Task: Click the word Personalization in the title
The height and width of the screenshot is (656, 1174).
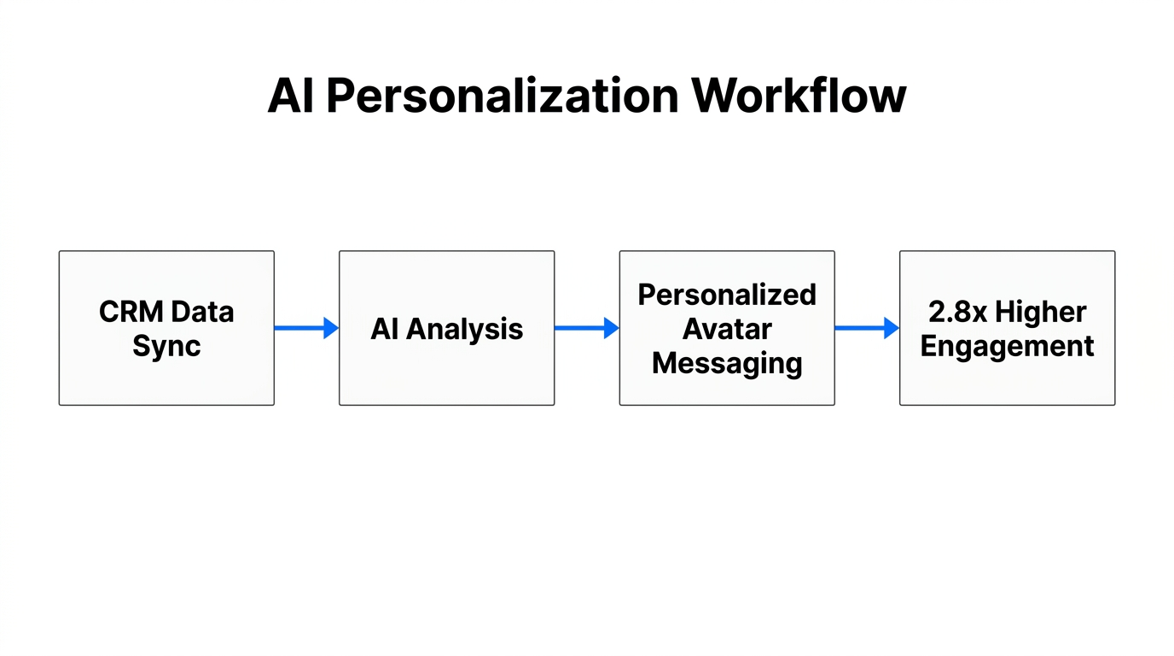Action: coord(503,96)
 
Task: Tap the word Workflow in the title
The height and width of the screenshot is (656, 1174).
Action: coord(799,96)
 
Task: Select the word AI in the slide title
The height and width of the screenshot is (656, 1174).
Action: coord(291,96)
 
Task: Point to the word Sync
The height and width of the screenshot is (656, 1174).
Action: coord(166,346)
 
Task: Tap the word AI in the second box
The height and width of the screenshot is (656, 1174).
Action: coord(384,329)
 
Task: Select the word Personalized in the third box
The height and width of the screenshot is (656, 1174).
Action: coord(727,295)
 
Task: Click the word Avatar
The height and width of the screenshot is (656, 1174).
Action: coord(727,329)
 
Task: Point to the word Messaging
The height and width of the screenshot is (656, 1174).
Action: coord(727,363)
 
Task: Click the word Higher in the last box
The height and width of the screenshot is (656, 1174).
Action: coord(1041,312)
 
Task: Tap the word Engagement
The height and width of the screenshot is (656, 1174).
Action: coord(1007,346)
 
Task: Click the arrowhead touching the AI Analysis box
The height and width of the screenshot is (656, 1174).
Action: coord(331,328)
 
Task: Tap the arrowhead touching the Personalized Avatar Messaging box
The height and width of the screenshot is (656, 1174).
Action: coord(611,328)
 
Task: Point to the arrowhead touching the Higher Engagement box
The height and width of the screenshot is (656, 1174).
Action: coord(892,328)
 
